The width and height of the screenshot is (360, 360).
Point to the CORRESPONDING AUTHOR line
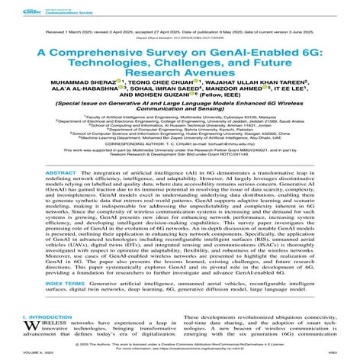(180, 162)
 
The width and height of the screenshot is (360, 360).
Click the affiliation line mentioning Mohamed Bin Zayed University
(180, 155)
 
